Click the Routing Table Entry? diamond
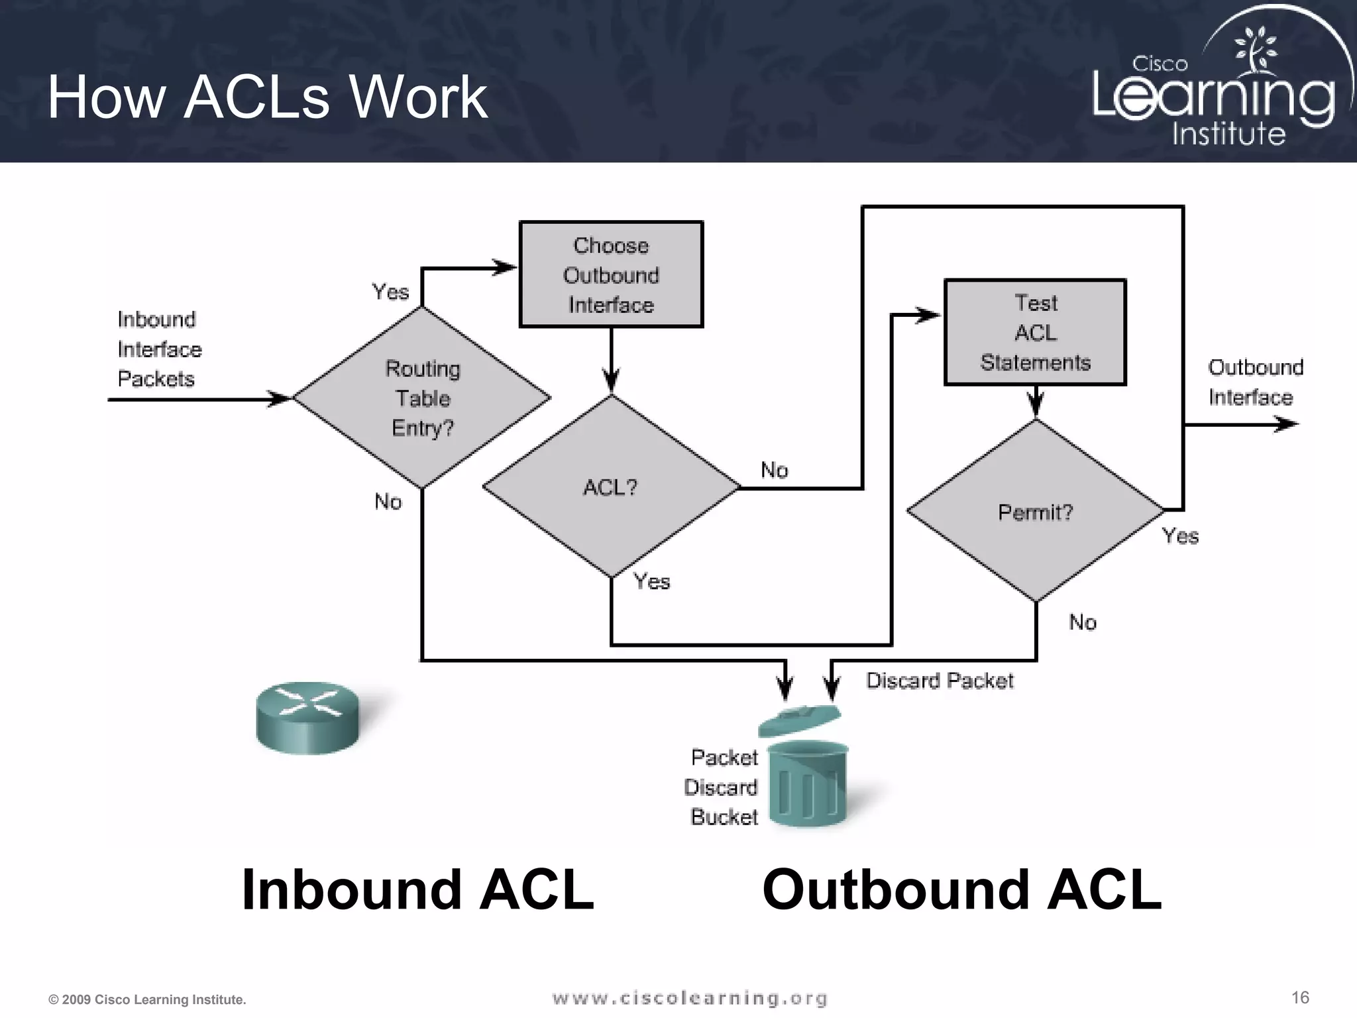coord(422,398)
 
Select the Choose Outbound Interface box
coord(611,274)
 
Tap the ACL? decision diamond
coord(610,487)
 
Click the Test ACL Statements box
coord(1035,333)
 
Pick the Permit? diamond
coord(1035,512)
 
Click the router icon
coord(307,718)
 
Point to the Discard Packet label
coord(940,681)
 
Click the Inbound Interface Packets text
coord(159,349)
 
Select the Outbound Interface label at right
coord(1254,382)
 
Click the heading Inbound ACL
coord(417,889)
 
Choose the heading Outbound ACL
coord(961,889)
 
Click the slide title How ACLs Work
coord(268,97)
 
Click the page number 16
coord(1300,997)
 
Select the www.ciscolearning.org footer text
coord(690,998)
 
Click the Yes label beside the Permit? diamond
coord(1180,536)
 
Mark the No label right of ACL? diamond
coord(774,470)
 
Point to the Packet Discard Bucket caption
coord(724,787)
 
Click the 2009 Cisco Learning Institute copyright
coord(147,999)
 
